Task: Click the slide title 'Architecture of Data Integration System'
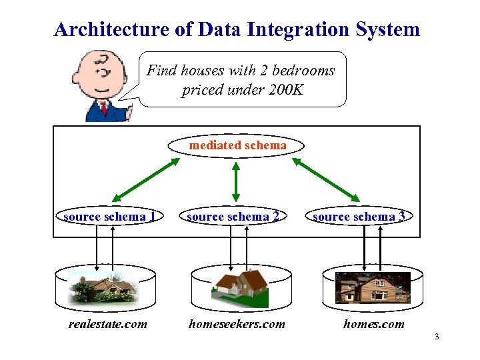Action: (237, 29)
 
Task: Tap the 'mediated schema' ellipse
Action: (237, 145)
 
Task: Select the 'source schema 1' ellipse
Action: (110, 217)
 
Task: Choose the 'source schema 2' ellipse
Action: (233, 217)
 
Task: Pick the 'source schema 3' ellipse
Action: (359, 217)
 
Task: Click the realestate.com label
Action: (108, 324)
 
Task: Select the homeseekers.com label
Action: (237, 324)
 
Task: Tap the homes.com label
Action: (373, 324)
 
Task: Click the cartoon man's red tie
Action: (103, 107)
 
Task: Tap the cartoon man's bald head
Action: (96, 67)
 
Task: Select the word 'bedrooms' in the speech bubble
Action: (304, 71)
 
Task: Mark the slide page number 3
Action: (436, 336)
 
